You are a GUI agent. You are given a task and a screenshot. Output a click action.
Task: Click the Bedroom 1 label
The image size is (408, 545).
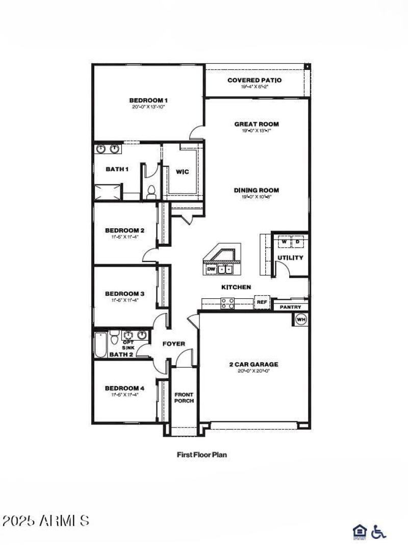click(x=148, y=100)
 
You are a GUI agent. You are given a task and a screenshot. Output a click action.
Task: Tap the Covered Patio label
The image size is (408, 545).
click(x=254, y=80)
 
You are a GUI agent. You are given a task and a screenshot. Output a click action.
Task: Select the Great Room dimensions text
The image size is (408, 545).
click(x=257, y=130)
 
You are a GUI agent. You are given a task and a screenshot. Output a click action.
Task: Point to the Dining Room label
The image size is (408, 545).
click(x=257, y=190)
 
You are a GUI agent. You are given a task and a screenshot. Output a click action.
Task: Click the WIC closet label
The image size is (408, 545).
click(x=182, y=172)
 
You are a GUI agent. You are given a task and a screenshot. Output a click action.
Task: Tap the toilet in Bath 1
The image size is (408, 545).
click(x=150, y=192)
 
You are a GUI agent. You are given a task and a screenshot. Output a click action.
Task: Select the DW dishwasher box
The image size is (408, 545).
click(x=211, y=269)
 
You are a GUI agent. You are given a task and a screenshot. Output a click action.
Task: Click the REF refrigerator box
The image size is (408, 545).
click(x=262, y=302)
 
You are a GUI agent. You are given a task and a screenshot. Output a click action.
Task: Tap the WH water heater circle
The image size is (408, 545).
click(x=301, y=320)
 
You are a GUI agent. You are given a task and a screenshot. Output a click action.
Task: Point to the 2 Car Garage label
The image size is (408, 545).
click(x=253, y=364)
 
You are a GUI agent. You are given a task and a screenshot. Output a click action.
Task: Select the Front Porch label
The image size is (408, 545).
click(x=184, y=397)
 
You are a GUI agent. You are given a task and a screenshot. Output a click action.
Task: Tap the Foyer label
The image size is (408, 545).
click(x=174, y=344)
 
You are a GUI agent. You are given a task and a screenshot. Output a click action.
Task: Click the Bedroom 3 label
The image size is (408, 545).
click(x=125, y=293)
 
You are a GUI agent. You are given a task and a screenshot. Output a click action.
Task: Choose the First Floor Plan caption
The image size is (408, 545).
click(x=201, y=454)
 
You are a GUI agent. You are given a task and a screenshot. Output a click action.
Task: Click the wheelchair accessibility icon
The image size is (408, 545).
click(x=378, y=532)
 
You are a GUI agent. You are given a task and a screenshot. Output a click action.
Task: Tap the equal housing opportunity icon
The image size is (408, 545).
click(x=359, y=532)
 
